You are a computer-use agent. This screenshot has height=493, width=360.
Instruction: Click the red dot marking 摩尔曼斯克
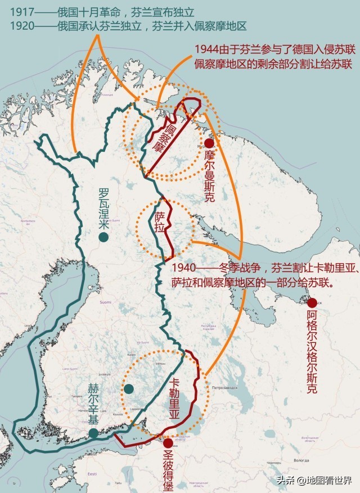(209, 143)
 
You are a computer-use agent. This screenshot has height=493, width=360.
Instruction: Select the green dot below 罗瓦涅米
(103, 237)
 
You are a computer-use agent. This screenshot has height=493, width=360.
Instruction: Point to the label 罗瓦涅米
(103, 209)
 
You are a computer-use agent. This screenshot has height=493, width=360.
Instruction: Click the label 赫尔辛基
(94, 405)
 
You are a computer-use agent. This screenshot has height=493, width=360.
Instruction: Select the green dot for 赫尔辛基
(93, 433)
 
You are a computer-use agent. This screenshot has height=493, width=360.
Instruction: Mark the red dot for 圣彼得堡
(168, 443)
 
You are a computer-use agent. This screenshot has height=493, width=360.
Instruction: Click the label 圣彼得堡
(168, 469)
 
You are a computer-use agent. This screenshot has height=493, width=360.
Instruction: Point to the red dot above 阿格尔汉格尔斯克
(312, 303)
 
